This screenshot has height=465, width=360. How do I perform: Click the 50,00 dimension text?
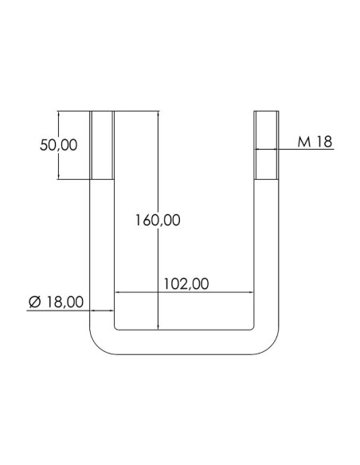coord(59,145)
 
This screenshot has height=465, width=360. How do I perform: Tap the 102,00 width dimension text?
coord(186,283)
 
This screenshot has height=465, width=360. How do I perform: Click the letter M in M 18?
coord(303,142)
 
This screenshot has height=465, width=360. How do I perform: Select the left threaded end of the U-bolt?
coord(103,146)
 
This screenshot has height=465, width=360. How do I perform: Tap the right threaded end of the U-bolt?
coord(268,146)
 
